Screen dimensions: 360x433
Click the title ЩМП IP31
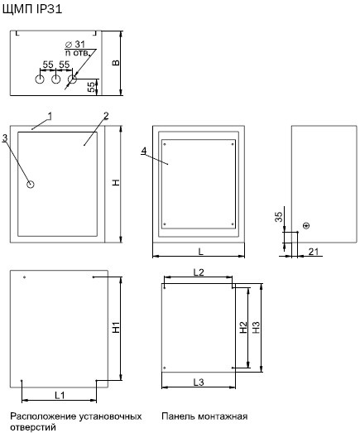click(32, 9)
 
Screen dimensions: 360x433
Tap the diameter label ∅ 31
click(75, 44)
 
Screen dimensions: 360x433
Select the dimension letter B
click(116, 63)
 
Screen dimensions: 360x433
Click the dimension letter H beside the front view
click(116, 182)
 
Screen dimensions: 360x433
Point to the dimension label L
click(201, 252)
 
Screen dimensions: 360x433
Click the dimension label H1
click(116, 327)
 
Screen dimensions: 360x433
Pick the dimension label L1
click(60, 395)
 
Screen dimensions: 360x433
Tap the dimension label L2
click(199, 272)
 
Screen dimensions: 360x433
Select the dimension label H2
click(243, 328)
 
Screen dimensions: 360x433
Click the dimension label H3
click(257, 328)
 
